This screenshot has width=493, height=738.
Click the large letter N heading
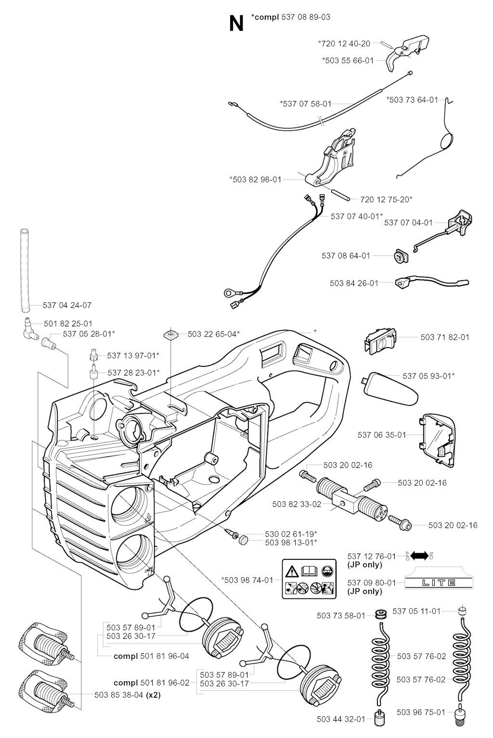(236, 24)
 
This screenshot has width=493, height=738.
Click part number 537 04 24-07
(67, 305)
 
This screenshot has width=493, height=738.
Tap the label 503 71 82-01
(445, 337)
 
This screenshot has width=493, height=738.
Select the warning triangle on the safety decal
(292, 572)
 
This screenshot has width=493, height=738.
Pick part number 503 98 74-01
(247, 580)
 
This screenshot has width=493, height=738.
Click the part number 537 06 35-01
(382, 435)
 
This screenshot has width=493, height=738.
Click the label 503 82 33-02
(297, 504)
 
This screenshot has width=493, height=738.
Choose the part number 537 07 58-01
(306, 104)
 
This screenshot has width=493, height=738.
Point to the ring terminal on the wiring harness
(227, 291)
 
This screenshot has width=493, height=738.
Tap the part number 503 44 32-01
(341, 719)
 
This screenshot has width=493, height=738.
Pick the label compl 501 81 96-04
(151, 656)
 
